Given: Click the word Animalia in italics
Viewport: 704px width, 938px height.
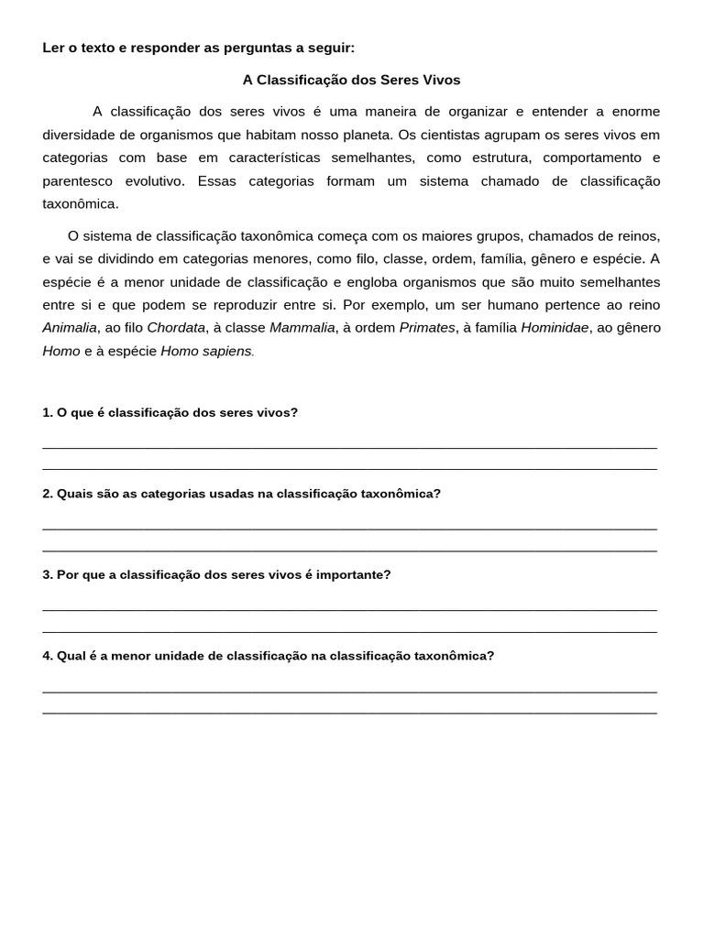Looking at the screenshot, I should click(x=70, y=328).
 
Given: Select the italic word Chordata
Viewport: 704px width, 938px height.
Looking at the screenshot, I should click(x=176, y=328).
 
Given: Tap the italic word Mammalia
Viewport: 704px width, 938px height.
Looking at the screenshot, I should click(x=302, y=328).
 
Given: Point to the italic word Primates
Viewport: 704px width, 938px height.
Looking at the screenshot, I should click(x=427, y=328).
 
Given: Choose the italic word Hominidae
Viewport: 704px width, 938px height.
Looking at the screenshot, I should click(x=555, y=328).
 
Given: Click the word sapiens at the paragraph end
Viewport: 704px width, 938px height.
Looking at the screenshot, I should click(x=226, y=352).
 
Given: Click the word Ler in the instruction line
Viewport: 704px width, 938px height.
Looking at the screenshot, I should click(x=52, y=48).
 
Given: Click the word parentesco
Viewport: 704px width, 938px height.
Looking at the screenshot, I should click(x=76, y=181).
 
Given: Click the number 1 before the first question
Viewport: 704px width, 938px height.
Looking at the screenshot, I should click(x=46, y=413).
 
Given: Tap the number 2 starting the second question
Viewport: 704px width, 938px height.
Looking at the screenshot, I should click(x=46, y=494).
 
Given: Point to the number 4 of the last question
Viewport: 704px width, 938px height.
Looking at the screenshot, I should click(x=46, y=656).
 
